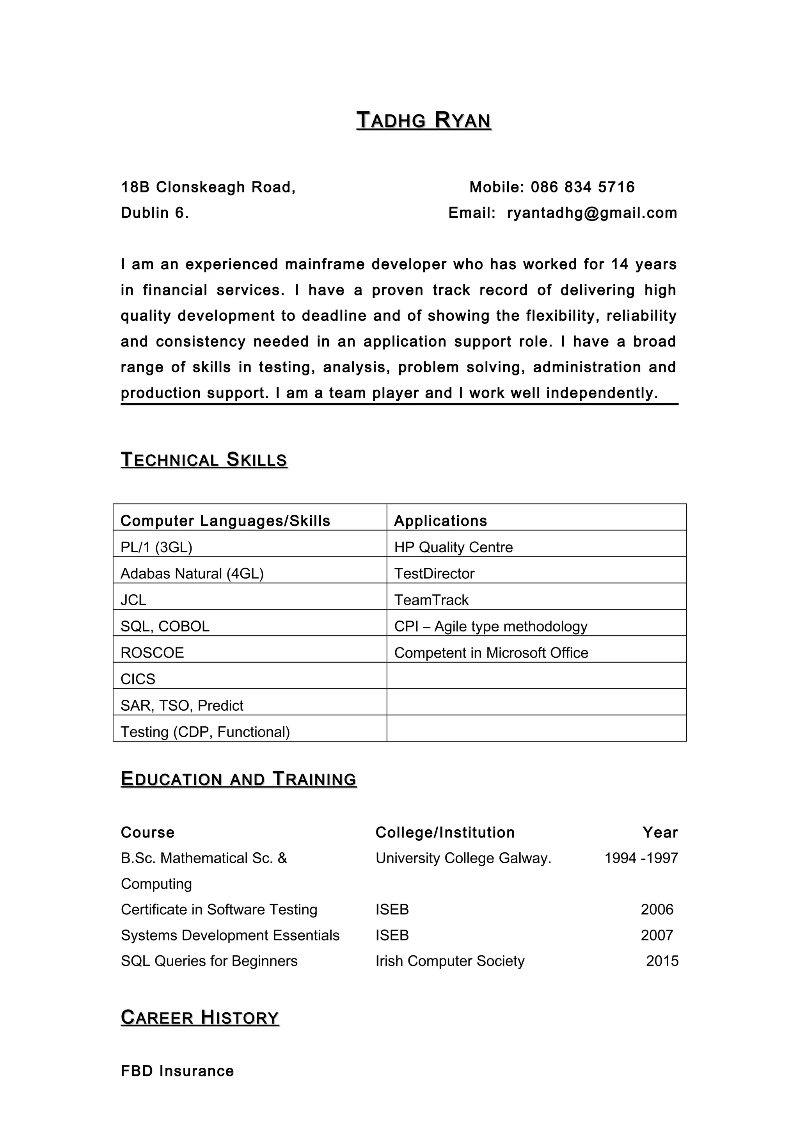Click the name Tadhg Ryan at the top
click(423, 121)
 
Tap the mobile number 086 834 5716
click(582, 187)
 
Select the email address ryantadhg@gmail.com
click(592, 213)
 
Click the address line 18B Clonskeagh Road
click(208, 187)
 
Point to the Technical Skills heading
click(204, 460)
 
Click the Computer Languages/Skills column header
click(225, 521)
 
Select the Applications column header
click(440, 521)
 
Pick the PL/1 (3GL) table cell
click(156, 547)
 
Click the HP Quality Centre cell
click(453, 547)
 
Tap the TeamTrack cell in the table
click(431, 600)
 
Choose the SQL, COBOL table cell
click(165, 626)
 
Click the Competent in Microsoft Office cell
click(491, 653)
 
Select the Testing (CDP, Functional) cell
click(205, 731)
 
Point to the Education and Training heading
click(238, 779)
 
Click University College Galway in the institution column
click(463, 858)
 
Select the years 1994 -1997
click(641, 858)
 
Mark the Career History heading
click(200, 1018)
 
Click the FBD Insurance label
click(177, 1071)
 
